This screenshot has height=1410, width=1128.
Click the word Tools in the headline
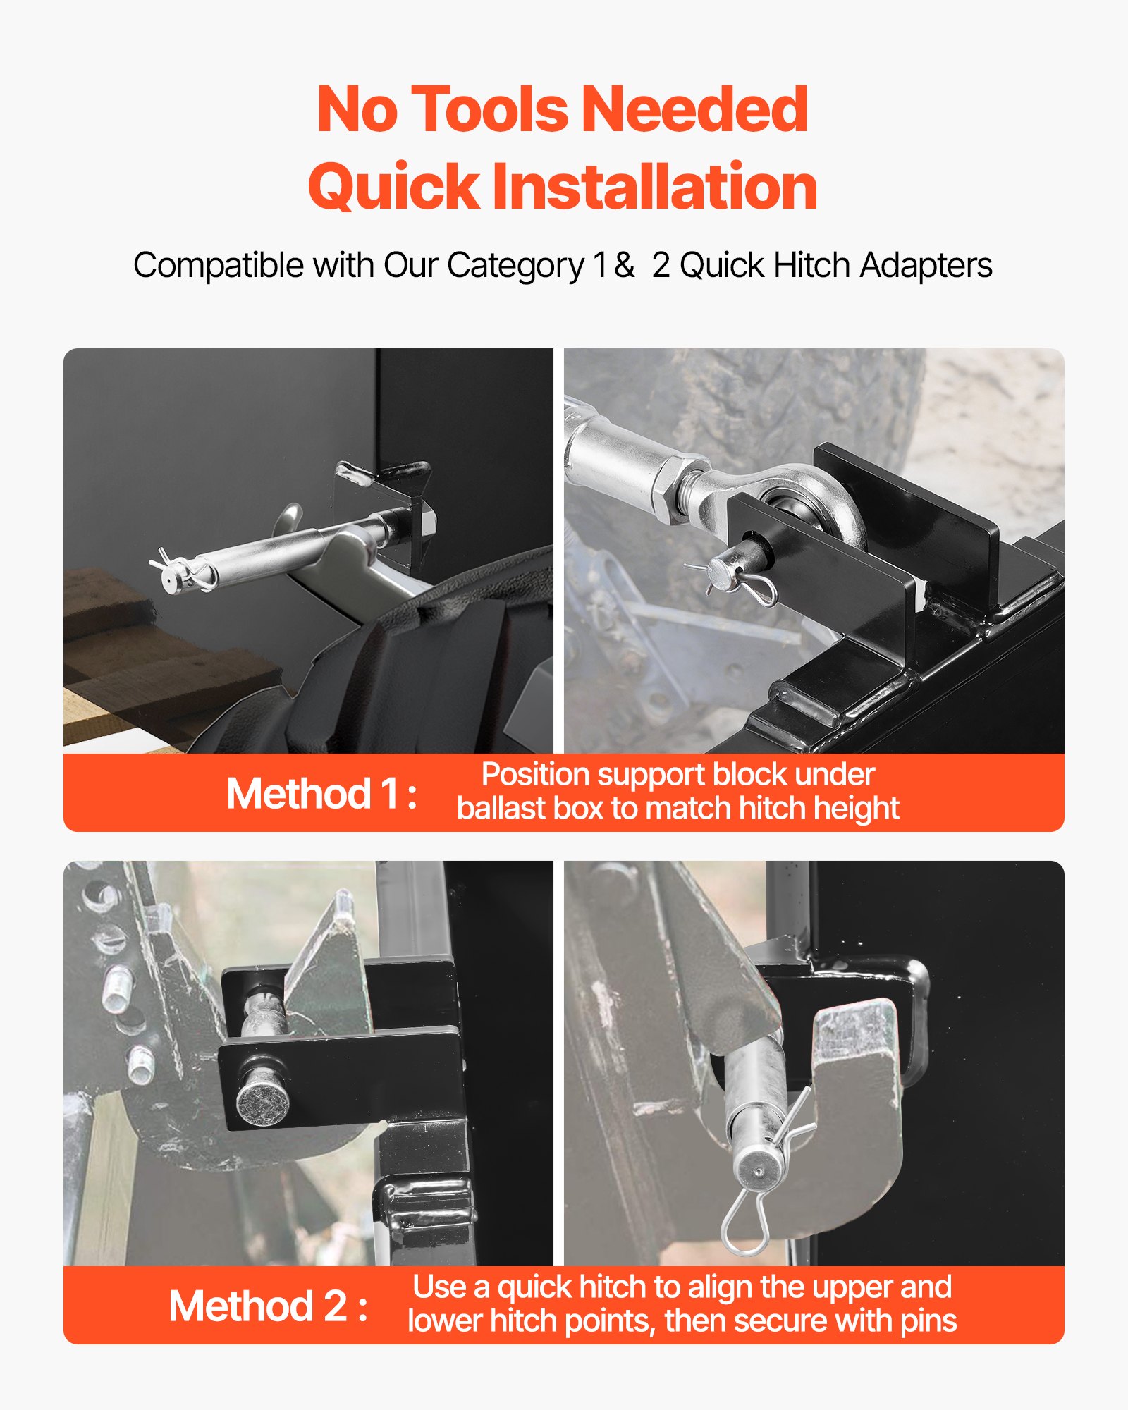pos(489,109)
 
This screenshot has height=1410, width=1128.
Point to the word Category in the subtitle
pos(516,266)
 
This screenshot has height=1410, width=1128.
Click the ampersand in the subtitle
pos(624,266)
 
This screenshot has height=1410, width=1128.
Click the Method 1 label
pos(321,794)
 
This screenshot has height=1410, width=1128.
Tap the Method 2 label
pos(269,1306)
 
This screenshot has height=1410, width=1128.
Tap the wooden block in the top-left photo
pos(141,663)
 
